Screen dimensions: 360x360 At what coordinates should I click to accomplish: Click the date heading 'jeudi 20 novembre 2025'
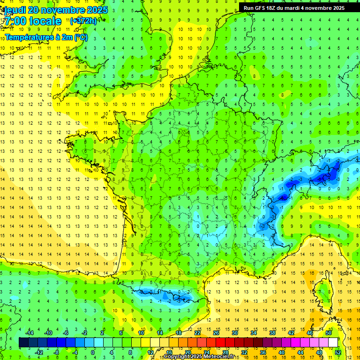coord(55,10)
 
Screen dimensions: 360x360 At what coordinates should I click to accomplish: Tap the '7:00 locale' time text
coord(32,21)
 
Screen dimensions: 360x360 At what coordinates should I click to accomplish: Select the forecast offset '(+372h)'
coord(83,21)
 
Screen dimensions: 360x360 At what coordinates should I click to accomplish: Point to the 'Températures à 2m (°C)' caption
coord(46,37)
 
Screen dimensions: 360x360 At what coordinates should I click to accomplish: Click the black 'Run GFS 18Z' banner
coord(294,8)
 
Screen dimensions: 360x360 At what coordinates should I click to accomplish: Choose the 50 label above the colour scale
coord(329,333)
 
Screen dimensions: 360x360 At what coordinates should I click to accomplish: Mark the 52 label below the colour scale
coord(337,352)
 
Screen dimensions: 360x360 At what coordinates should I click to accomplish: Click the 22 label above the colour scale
coord(197,333)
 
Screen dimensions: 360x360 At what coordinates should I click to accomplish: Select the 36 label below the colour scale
coord(262,352)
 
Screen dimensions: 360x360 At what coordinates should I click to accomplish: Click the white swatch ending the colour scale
coord(333,343)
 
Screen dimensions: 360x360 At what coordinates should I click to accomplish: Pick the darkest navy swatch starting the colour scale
coord(23,343)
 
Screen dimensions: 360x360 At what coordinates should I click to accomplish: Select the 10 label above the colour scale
coord(141,333)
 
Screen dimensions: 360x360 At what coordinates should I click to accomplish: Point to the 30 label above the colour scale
coord(235,333)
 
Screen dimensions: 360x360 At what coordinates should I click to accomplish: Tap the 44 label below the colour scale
coord(300,352)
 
